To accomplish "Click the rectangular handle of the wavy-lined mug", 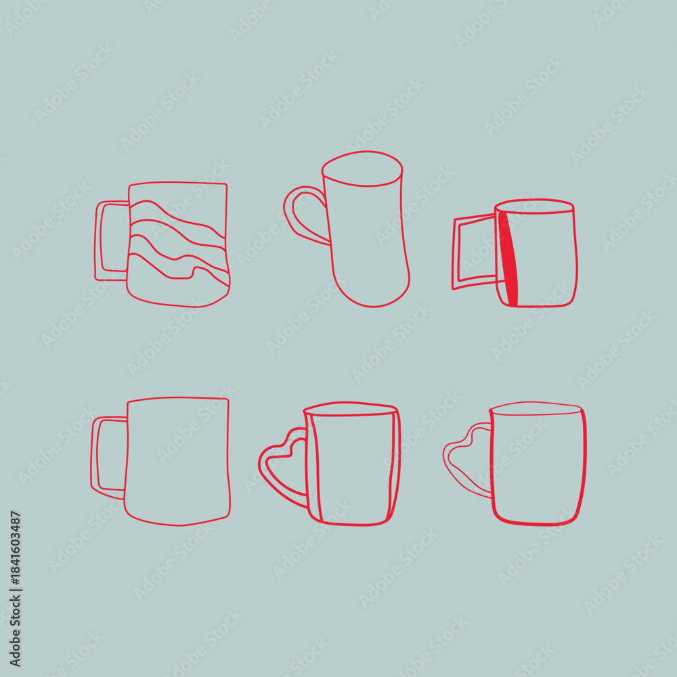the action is pos(97,240).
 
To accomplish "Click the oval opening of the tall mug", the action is pos(362,169).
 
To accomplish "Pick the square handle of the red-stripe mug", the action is pos(455,253).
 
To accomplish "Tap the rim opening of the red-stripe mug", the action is pos(534,206).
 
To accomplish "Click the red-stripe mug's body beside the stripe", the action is pos(546,259).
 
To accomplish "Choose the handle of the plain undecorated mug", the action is pos(94,458).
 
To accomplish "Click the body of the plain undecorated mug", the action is pos(177,461).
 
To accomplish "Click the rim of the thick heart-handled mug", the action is pos(350,409).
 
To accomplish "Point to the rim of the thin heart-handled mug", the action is pos(536,408).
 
